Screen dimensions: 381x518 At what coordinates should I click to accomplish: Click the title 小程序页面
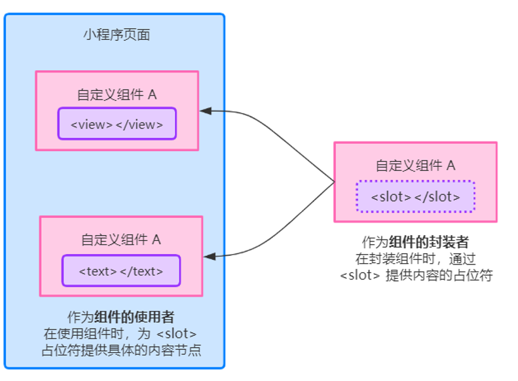point(116,35)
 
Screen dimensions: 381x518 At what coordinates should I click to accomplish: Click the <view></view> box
point(117,124)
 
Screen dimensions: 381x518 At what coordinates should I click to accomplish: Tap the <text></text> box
point(121,271)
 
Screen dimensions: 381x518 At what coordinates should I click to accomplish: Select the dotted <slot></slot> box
point(415,196)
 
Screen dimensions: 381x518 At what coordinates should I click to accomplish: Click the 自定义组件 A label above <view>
point(117,94)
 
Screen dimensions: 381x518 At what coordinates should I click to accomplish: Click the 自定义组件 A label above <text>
point(121,240)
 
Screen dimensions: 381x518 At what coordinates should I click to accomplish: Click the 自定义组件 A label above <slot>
point(415,166)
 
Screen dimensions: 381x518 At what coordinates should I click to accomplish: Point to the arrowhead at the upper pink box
point(205,111)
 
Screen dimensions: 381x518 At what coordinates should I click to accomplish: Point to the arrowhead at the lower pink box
point(209,256)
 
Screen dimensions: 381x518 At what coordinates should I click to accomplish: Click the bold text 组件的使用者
point(134,317)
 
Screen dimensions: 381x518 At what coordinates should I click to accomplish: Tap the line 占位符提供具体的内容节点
point(121,350)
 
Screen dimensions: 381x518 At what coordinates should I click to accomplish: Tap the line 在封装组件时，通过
point(415,259)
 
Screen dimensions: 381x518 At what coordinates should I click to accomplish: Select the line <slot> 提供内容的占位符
point(415,275)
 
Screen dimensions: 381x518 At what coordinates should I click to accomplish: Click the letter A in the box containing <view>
point(152,94)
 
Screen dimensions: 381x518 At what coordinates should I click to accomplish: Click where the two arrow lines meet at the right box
point(333,181)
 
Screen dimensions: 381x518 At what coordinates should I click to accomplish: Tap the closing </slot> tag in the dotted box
point(437,196)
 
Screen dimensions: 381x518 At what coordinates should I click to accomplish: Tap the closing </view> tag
point(139,124)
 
